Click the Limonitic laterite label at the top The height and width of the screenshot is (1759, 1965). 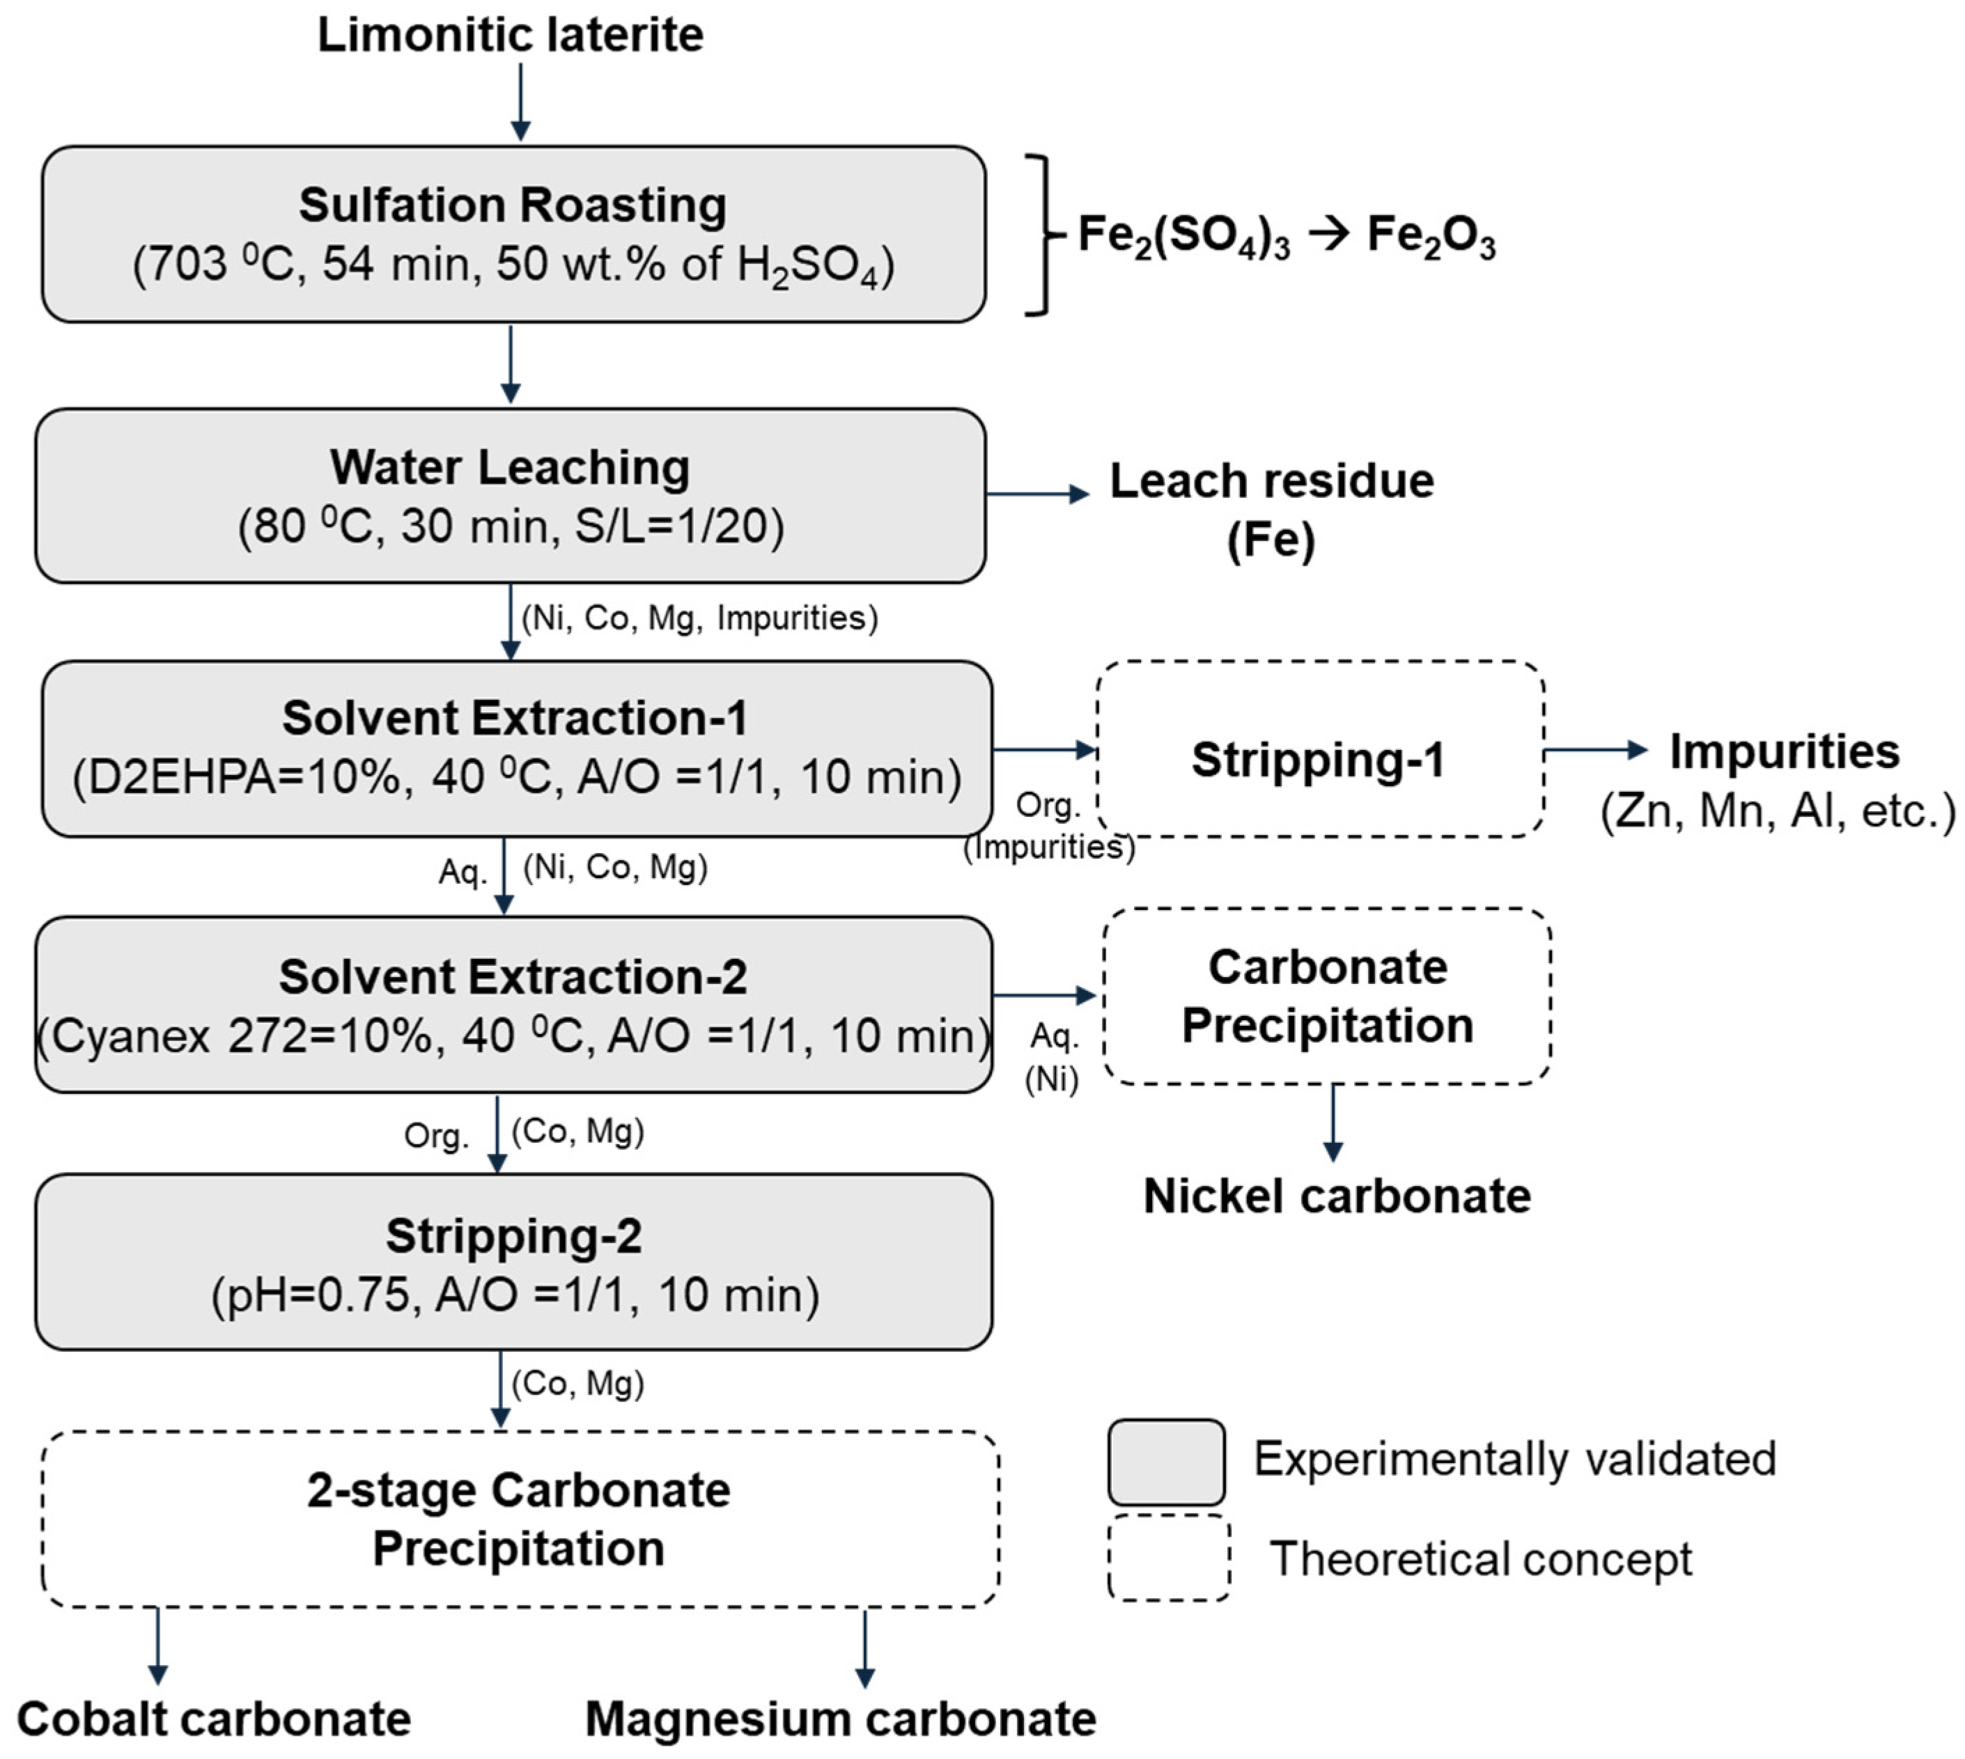(x=511, y=35)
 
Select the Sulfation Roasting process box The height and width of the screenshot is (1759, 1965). (x=513, y=234)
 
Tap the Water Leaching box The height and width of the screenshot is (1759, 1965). (x=511, y=496)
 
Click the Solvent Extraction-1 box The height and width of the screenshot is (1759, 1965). (x=516, y=749)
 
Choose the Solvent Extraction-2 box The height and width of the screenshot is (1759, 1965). (x=513, y=1005)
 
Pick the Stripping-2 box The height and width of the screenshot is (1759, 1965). (x=513, y=1262)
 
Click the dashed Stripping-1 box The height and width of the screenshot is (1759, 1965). (x=1319, y=749)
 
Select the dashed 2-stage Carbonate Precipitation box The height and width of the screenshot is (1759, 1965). (x=520, y=1519)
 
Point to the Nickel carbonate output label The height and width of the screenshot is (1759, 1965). (x=1337, y=1196)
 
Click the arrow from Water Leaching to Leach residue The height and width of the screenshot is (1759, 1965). (x=1038, y=494)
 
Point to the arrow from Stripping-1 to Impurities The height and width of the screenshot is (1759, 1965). (x=1596, y=749)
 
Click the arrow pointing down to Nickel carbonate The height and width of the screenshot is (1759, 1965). (x=1333, y=1122)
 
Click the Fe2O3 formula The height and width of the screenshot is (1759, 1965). (x=1431, y=236)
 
